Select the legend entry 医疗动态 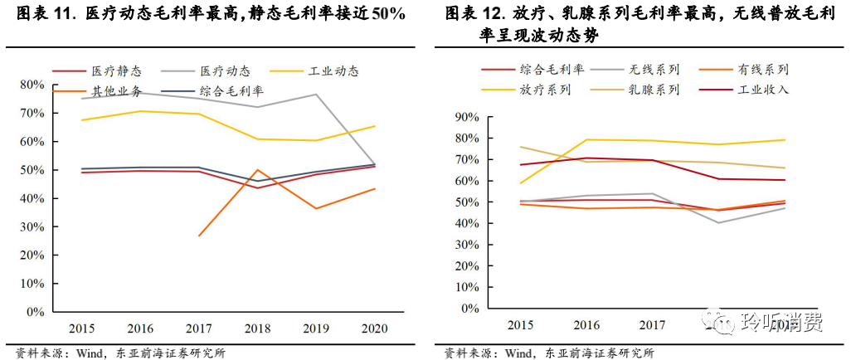(x=223, y=71)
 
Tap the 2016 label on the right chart (x=586, y=324)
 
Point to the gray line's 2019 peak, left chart (x=317, y=94)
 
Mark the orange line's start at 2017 (x=199, y=236)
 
